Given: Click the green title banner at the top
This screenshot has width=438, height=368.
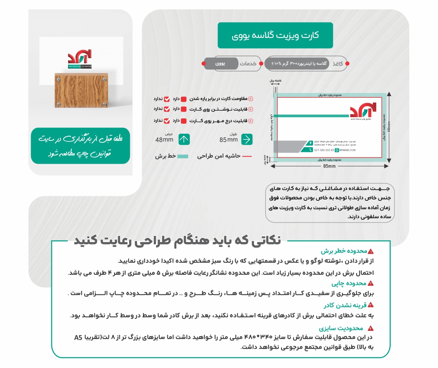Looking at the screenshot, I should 275,36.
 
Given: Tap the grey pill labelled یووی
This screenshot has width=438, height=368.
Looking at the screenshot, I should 221,64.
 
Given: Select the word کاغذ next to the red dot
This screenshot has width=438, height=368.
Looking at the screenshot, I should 338,64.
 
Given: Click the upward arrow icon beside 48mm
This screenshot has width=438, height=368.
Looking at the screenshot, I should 184,139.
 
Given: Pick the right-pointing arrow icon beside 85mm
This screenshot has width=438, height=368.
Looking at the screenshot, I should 247,139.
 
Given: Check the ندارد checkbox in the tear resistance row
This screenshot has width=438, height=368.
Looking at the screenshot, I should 167,99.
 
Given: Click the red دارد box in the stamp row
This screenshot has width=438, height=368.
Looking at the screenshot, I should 184,121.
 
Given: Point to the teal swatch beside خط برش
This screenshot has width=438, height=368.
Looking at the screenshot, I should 183,156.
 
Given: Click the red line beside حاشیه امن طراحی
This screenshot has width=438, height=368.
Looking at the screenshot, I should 247,156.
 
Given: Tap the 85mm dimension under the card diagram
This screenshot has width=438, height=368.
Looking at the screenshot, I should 329,166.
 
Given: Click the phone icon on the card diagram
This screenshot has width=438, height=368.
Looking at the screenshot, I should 310,150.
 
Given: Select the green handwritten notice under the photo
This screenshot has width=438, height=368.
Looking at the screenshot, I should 81,146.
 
